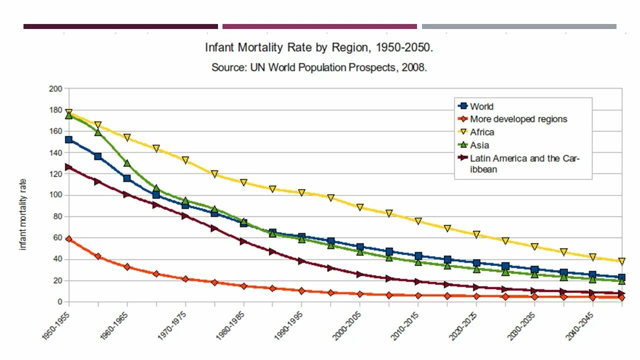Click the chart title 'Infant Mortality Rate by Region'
click(319, 48)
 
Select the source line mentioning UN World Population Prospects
click(319, 67)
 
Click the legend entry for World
click(481, 106)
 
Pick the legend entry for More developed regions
click(518, 119)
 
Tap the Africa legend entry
click(482, 132)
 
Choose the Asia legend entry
click(479, 145)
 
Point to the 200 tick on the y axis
click(55, 89)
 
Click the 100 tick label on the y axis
click(55, 195)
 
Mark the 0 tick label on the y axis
click(59, 302)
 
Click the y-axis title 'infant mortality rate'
click(23, 214)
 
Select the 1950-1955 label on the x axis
click(56, 325)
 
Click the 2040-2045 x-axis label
click(578, 325)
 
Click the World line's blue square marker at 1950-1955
click(69, 140)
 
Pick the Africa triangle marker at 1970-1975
click(185, 160)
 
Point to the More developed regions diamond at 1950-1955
click(69, 239)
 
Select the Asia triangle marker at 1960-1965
click(127, 163)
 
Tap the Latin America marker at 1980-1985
click(243, 241)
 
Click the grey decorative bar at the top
click(519, 26)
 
